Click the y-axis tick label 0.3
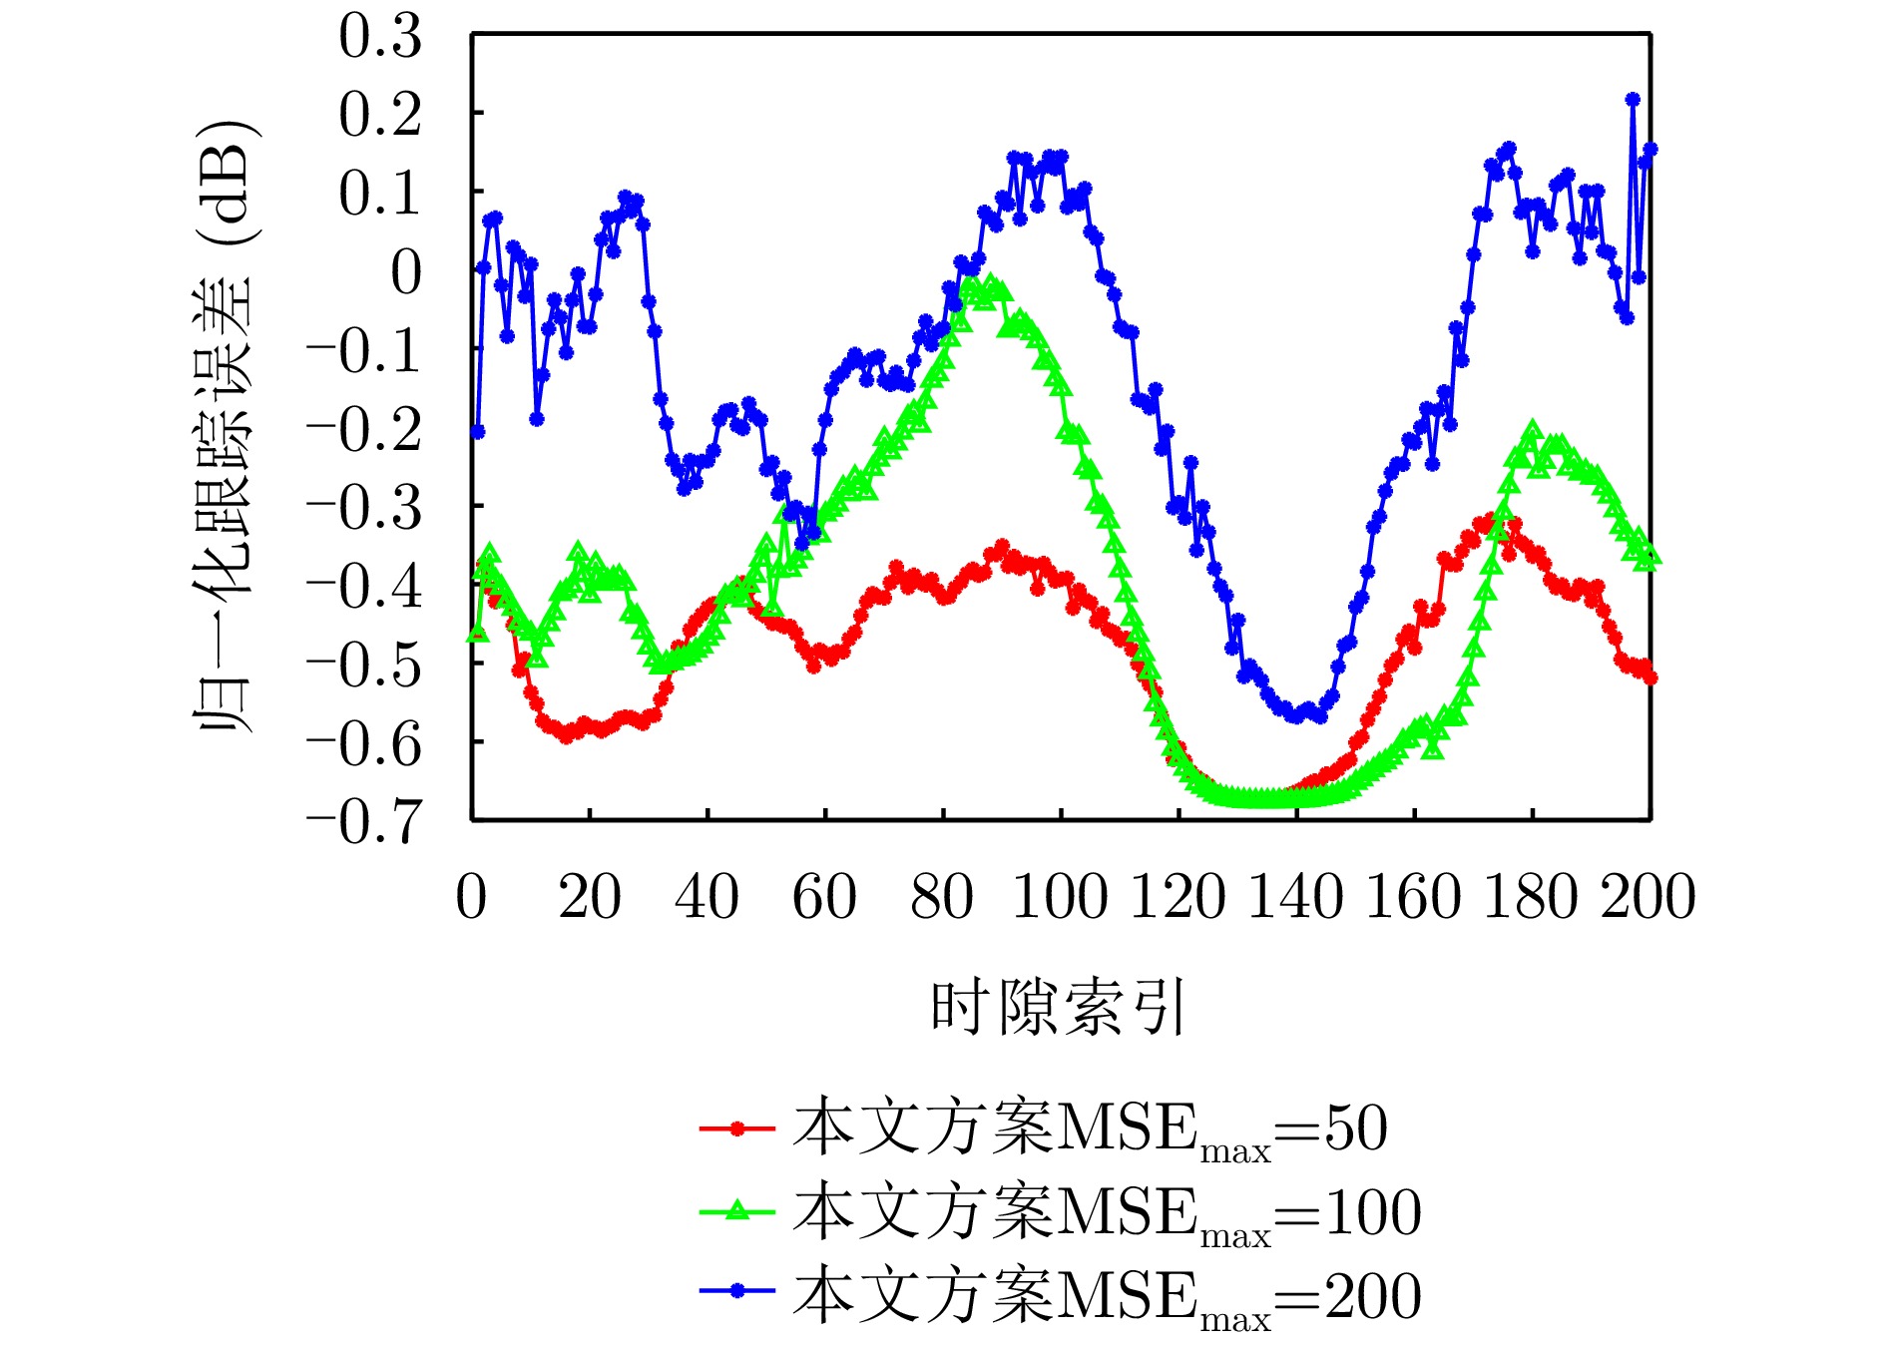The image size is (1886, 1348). (380, 38)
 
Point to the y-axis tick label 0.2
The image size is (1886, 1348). (380, 116)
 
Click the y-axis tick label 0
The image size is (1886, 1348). (406, 272)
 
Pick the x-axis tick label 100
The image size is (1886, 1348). (1060, 896)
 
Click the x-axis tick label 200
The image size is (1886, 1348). (1649, 896)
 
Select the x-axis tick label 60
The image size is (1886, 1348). (824, 896)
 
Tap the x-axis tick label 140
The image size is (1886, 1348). (1295, 896)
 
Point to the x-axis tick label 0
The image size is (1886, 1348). (471, 896)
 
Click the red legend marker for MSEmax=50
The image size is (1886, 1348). (737, 1128)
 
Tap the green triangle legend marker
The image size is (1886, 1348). (737, 1212)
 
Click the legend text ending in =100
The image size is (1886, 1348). (1106, 1214)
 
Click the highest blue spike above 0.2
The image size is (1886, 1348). (1633, 100)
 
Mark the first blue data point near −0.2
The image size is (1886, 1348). (478, 432)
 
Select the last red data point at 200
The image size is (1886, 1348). (1650, 678)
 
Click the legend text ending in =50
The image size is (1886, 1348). (1090, 1130)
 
